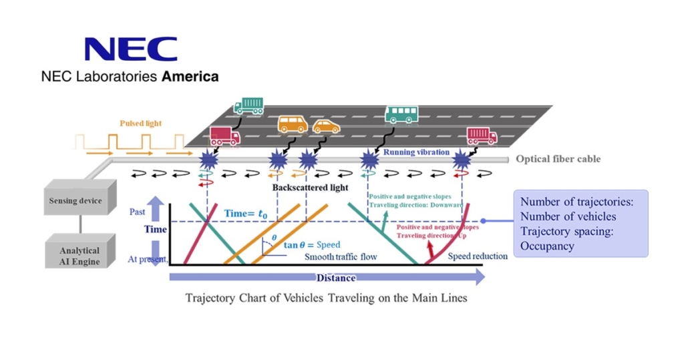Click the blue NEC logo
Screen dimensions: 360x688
(x=131, y=49)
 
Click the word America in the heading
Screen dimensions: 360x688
(x=190, y=77)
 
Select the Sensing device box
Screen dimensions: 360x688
(x=75, y=201)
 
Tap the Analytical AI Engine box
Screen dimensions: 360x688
(x=79, y=256)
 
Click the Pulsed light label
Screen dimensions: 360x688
(x=140, y=124)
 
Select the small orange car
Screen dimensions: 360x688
(x=326, y=126)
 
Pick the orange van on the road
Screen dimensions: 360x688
(x=292, y=124)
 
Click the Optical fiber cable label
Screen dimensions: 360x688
(x=558, y=159)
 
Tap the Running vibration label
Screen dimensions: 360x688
(x=415, y=152)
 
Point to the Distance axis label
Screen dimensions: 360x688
(x=335, y=278)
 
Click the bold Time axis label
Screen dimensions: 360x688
(x=156, y=229)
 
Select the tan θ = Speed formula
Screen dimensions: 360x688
(x=312, y=245)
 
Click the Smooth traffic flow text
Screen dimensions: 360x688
(x=341, y=256)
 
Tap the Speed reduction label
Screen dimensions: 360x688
(x=478, y=256)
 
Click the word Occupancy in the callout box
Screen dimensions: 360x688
(x=548, y=246)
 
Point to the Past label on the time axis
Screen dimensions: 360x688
(x=137, y=211)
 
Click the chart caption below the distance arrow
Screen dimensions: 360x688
(x=326, y=298)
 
